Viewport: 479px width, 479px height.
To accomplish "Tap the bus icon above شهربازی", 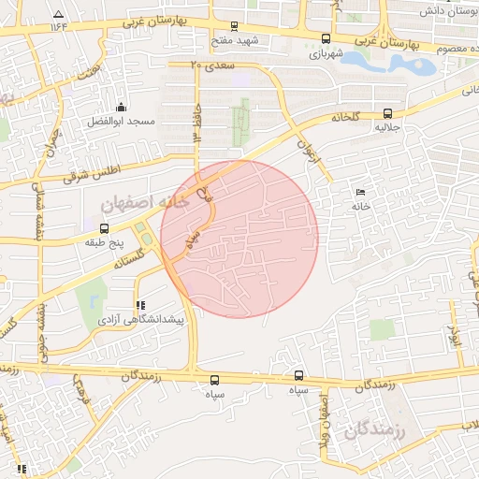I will tap(325, 38).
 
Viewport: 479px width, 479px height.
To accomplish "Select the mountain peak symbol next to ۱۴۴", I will tap(59, 14).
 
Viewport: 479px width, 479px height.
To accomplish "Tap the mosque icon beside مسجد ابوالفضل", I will tap(121, 107).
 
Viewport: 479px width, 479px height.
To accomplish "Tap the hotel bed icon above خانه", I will tap(361, 192).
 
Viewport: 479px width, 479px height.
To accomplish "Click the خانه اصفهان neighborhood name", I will tap(144, 201).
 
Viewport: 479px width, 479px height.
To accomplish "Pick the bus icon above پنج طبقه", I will tap(103, 227).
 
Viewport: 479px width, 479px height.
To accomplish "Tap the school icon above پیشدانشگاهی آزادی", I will tap(140, 305).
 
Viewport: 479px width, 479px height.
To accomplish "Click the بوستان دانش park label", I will tap(443, 9).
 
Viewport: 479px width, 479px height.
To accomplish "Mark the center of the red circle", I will tap(239, 239).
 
